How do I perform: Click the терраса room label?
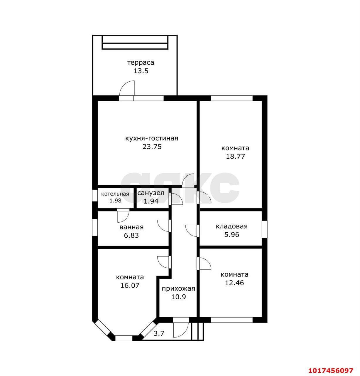coord(141,63)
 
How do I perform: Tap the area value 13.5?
coord(141,71)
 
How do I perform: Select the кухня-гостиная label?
coord(152,138)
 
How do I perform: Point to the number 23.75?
coord(152,147)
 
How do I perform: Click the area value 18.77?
coord(235,156)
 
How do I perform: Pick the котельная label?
coord(115,194)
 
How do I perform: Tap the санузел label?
coord(151,193)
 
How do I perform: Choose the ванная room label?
coord(131,227)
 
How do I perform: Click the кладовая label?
coord(231,226)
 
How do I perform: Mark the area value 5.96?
coord(231,235)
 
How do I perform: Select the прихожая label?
coord(178,289)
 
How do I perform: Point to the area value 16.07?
coord(130,286)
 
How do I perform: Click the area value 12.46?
coord(234,283)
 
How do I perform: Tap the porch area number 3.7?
coord(159,333)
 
